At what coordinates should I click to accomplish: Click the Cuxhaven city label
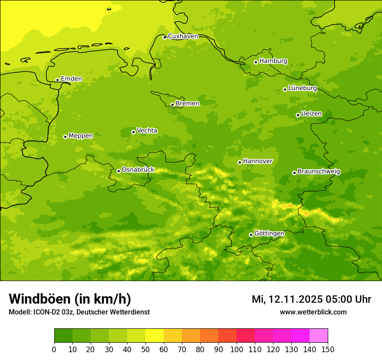183,36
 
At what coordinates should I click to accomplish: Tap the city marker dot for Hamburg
256,62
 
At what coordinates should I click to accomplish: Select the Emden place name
71,79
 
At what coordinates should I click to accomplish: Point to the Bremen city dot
172,105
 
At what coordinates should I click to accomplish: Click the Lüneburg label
302,88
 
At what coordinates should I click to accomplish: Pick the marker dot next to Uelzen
298,115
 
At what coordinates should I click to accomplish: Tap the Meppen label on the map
81,136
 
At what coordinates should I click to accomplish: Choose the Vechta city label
147,131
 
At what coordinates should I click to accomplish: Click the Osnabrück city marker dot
119,171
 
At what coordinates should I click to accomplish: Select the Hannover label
257,161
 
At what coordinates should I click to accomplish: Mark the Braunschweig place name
319,172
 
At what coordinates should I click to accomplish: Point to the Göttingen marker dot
251,235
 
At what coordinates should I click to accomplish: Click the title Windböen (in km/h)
70,299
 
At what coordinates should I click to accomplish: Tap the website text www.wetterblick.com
313,312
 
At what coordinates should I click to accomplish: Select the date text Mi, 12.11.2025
286,299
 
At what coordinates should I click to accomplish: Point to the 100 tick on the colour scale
237,349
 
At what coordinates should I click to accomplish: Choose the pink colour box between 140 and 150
319,336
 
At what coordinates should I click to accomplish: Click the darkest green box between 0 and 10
63,336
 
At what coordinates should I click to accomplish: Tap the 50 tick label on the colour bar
145,349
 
